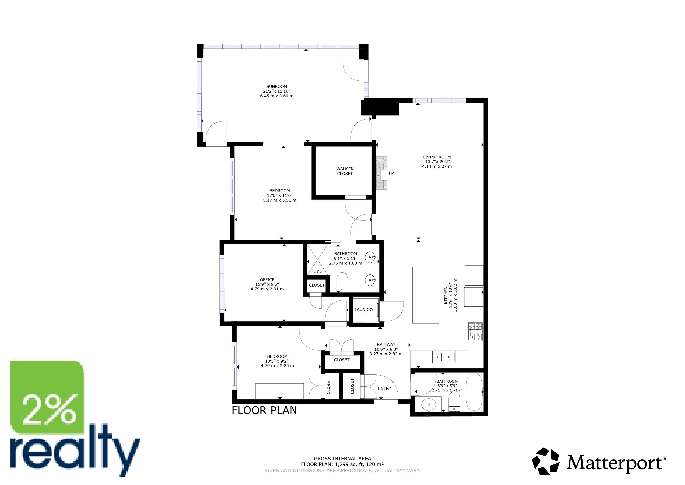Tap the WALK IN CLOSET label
345,171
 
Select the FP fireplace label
391,173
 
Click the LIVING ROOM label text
437,157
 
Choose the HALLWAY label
386,345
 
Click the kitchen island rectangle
426,295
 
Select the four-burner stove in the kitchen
475,332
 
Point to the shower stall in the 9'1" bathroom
317,260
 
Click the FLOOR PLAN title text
264,411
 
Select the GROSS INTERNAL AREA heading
342,459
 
